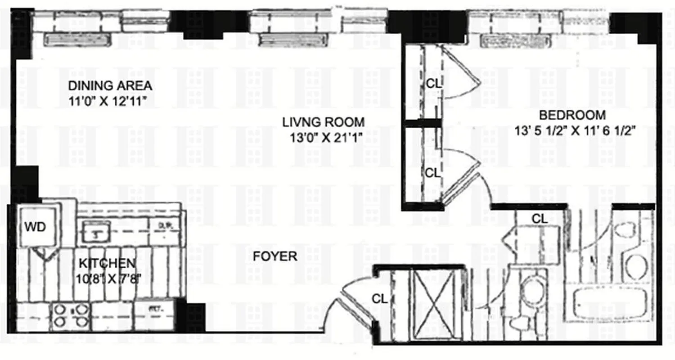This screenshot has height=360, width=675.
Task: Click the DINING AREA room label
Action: coord(110,85)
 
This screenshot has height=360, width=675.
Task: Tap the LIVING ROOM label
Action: coord(323,121)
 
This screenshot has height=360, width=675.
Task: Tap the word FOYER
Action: coord(274,256)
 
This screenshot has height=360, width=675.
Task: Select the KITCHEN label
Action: coord(107,263)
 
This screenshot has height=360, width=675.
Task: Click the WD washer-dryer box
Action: coord(35,227)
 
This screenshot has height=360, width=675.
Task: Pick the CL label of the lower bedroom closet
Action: coord(432,172)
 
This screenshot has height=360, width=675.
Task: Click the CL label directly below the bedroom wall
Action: coord(540,219)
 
